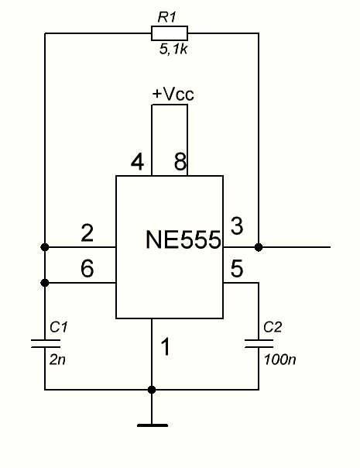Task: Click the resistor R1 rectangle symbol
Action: (x=170, y=33)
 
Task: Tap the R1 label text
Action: (x=167, y=17)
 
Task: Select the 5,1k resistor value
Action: (x=173, y=49)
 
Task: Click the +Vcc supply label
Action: (x=173, y=94)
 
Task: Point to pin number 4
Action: (x=137, y=163)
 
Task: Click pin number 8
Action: (x=180, y=162)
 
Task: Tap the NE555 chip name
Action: (x=183, y=239)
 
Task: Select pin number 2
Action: (x=87, y=233)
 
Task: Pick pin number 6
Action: (x=87, y=268)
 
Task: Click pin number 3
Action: (x=237, y=226)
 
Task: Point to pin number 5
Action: (x=237, y=268)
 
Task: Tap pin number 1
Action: (x=166, y=346)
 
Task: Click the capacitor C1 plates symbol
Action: (x=46, y=343)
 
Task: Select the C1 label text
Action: (x=59, y=327)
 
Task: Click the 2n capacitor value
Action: (x=57, y=360)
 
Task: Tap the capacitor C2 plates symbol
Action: (x=259, y=343)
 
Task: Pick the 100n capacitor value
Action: (x=279, y=360)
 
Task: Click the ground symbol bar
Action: (x=152, y=425)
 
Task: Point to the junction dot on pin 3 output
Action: (x=259, y=247)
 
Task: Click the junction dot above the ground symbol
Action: (x=152, y=390)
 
